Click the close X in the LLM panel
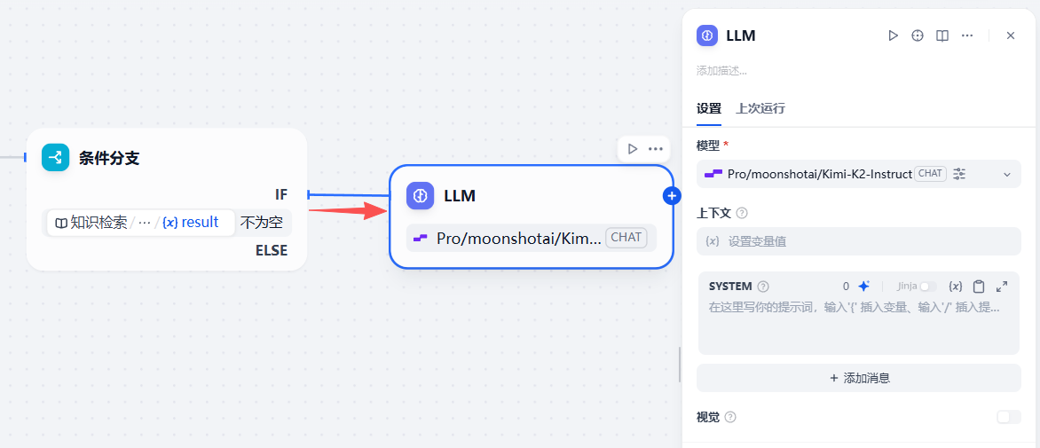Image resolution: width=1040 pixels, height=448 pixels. point(1010,35)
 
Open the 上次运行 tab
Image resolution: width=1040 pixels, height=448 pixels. point(760,109)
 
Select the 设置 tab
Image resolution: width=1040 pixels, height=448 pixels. point(708,109)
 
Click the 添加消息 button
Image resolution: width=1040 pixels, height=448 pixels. point(858,378)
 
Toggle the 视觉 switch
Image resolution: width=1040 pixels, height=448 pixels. point(1008,417)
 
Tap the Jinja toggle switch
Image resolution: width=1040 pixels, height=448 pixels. point(928,287)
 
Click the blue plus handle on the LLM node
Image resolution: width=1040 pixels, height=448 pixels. point(672,195)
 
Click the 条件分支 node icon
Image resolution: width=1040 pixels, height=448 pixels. point(55,158)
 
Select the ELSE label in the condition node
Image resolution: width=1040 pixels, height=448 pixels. point(272,250)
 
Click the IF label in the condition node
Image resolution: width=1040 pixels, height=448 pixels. point(281,195)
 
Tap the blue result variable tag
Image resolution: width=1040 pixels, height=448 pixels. point(191,223)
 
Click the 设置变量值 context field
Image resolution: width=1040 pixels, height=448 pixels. point(858,241)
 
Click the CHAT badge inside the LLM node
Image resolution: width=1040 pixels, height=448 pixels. point(626,237)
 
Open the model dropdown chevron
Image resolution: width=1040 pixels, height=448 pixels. point(1007,174)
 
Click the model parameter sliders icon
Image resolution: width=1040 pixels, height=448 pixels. point(959,174)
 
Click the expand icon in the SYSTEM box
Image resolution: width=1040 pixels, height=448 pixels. point(1002,287)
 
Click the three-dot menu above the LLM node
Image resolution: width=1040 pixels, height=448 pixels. point(655,149)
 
